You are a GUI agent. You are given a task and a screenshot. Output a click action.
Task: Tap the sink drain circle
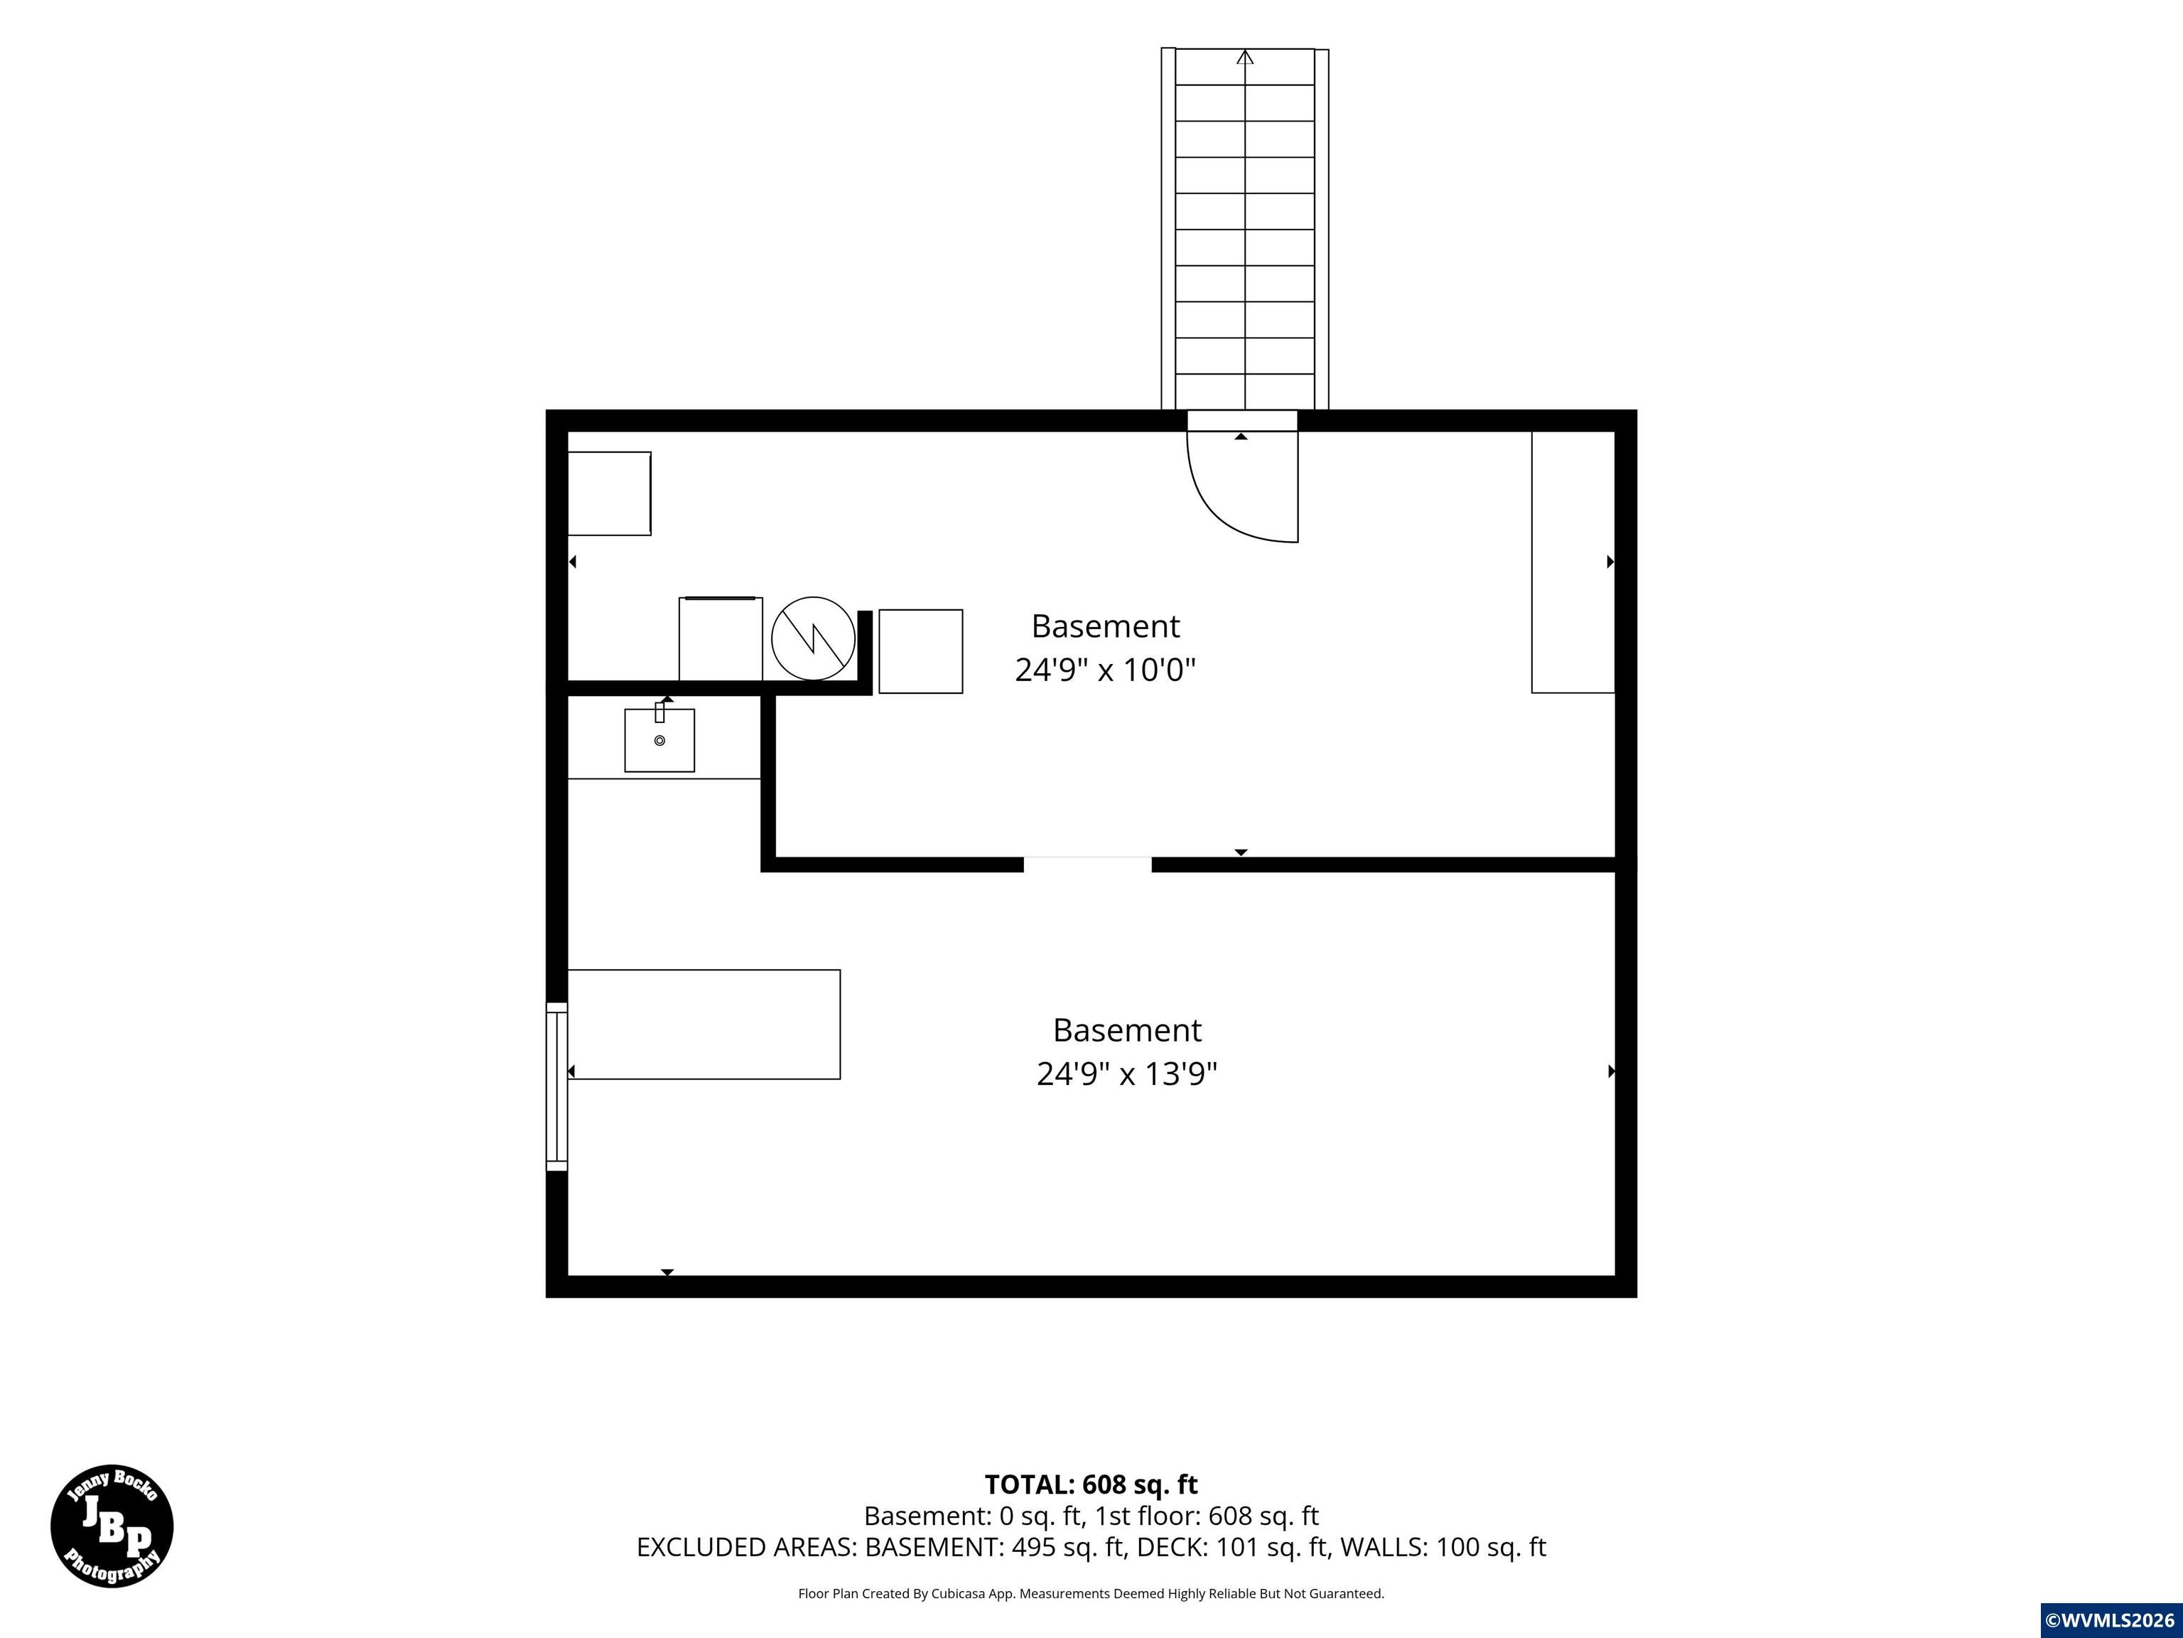[x=659, y=741]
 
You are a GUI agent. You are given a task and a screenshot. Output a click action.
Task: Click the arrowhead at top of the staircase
[x=1246, y=58]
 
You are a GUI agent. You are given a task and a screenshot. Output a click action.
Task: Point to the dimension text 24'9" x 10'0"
[x=1105, y=670]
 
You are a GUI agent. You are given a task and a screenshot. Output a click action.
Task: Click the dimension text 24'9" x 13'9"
[x=1127, y=1074]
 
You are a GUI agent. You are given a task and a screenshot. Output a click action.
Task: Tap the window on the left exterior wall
[x=556, y=1087]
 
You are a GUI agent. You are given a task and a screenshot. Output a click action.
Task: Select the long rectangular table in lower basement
[x=704, y=1024]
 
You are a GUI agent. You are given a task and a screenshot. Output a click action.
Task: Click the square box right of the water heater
[x=921, y=652]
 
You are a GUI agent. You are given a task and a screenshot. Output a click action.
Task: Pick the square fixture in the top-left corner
[x=609, y=493]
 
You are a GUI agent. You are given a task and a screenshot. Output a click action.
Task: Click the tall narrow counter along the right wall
[x=1573, y=562]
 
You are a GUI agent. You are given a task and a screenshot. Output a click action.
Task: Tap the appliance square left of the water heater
[x=721, y=639]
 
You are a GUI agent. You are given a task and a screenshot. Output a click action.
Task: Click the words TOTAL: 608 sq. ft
[x=1091, y=1484]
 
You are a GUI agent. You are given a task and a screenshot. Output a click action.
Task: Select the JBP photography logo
[x=112, y=1526]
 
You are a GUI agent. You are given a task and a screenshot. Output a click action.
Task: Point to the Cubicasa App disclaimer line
[x=1091, y=1592]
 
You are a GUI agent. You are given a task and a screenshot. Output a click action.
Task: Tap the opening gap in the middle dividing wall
[x=1087, y=865]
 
